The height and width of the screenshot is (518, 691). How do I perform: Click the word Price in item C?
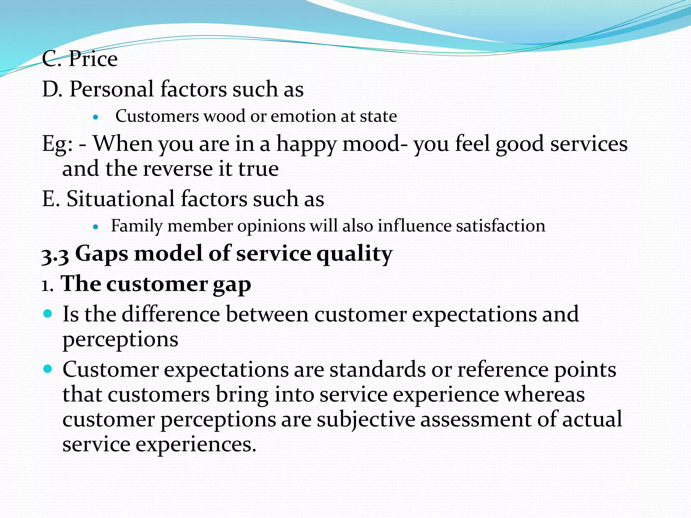pos(93,59)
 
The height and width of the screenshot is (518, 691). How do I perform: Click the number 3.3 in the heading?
pos(55,255)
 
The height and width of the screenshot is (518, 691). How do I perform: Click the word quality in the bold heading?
pos(354,254)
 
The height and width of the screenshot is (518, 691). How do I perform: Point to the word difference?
pos(171,314)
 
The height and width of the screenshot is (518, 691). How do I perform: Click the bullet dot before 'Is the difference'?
pos(48,314)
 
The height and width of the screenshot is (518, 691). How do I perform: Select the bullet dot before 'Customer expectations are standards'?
pos(48,369)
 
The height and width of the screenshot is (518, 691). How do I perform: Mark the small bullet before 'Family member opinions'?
pos(96,227)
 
